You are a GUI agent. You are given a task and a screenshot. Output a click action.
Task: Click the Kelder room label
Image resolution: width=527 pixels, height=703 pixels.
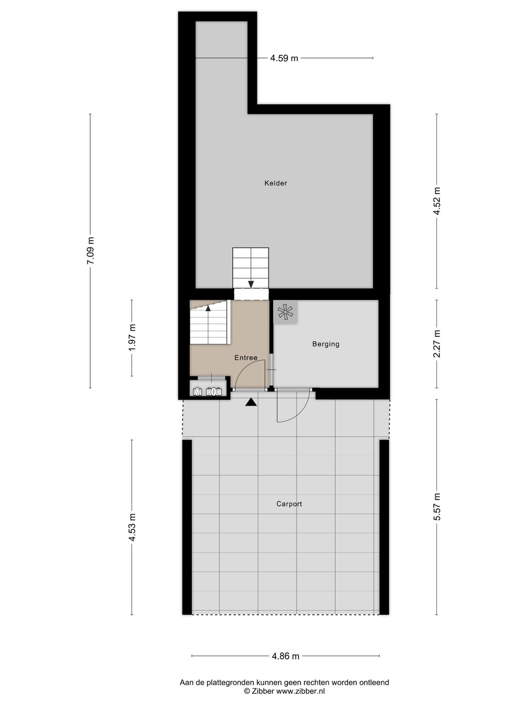click(x=276, y=183)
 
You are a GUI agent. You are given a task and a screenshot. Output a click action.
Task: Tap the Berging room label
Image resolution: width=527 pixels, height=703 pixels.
click(x=325, y=344)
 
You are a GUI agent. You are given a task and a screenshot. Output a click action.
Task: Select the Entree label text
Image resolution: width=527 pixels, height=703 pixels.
click(x=245, y=358)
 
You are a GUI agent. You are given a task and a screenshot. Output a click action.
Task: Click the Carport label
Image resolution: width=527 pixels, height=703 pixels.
click(x=289, y=504)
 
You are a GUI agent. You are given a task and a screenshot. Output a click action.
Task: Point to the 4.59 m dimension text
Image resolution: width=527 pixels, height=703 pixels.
click(x=284, y=58)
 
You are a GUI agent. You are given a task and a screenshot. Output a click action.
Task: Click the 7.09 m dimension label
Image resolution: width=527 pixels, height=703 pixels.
click(x=90, y=250)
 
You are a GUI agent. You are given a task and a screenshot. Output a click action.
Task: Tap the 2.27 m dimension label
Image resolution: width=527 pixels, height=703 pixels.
click(x=437, y=344)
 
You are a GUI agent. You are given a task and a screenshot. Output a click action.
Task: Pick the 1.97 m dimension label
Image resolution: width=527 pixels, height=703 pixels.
click(x=132, y=337)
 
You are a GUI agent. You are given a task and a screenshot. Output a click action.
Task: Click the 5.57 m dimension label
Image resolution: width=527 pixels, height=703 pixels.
click(x=437, y=507)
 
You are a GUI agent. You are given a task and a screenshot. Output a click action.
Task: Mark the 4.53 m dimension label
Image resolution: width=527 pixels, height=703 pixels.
click(x=132, y=527)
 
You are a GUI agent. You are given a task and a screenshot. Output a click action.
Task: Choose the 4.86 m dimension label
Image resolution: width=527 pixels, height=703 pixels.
click(x=285, y=656)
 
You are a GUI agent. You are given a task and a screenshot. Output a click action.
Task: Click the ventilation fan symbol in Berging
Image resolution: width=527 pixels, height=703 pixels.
click(x=284, y=312)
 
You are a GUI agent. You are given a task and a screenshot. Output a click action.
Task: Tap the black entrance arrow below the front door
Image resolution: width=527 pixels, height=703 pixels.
click(x=251, y=402)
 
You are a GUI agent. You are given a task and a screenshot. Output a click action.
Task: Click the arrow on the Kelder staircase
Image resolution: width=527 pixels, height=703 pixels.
click(x=251, y=284)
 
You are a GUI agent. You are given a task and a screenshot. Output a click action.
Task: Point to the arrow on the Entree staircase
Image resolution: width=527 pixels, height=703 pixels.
click(x=208, y=308)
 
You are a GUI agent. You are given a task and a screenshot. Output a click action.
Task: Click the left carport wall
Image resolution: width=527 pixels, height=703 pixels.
click(x=187, y=527)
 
